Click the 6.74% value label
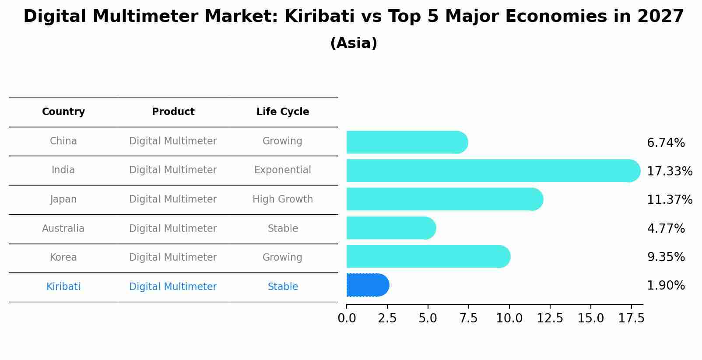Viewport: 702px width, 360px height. [x=666, y=143]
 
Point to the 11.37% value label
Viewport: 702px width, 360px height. [x=669, y=200]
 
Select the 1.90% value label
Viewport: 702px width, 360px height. [x=666, y=286]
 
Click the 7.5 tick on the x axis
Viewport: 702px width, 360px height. [x=468, y=318]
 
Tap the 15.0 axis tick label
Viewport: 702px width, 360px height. [x=590, y=318]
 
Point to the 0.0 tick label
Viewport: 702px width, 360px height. [x=347, y=318]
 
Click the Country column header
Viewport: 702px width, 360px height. [x=63, y=112]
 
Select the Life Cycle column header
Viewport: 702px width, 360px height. [x=283, y=112]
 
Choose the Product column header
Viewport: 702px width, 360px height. [x=173, y=112]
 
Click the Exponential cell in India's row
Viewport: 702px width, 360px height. [x=283, y=170]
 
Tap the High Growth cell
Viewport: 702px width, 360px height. [x=283, y=199]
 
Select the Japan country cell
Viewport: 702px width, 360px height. [x=63, y=199]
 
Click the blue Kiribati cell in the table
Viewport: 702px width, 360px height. [x=63, y=287]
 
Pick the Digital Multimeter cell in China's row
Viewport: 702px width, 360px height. [x=173, y=141]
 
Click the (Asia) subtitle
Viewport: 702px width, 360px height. [x=354, y=43]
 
